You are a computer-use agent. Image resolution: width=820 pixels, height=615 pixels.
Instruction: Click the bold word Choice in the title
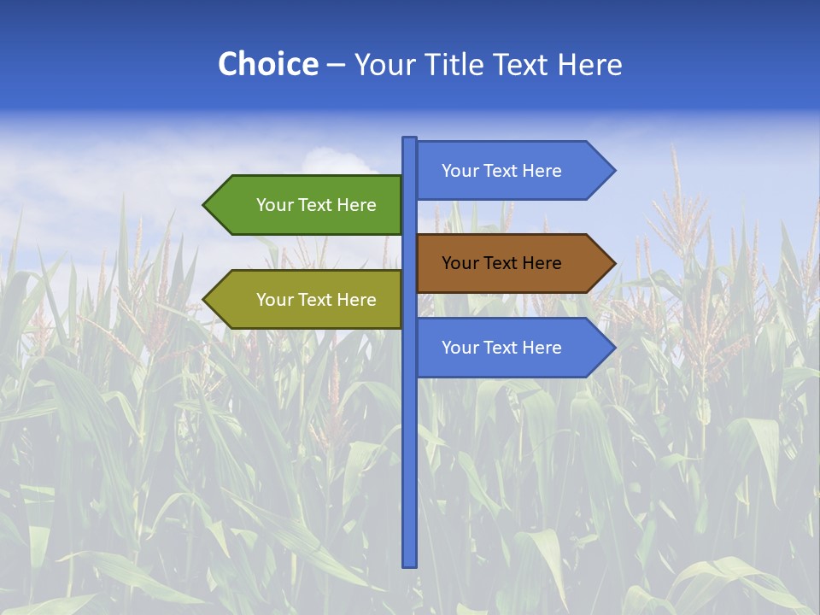tap(267, 65)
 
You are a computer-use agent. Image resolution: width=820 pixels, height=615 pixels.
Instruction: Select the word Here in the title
tap(589, 65)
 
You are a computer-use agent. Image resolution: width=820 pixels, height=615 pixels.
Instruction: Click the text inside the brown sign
tap(501, 263)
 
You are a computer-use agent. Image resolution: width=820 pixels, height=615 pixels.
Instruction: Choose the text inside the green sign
tap(316, 205)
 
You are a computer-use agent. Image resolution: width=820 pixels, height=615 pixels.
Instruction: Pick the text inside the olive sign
tap(316, 300)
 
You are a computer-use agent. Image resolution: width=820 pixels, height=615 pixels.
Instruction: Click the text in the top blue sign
tap(501, 171)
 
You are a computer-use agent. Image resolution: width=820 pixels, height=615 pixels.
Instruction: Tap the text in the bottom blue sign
tap(501, 348)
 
